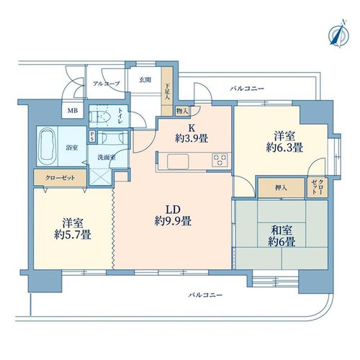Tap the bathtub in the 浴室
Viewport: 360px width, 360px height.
(x=48, y=147)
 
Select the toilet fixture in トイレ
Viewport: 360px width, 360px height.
(x=100, y=117)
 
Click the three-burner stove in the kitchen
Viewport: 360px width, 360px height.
(x=220, y=160)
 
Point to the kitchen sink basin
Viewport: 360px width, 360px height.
(x=178, y=161)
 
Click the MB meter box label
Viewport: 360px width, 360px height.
(x=73, y=111)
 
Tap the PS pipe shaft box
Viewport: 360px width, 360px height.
(x=92, y=137)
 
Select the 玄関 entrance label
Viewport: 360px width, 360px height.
(x=145, y=80)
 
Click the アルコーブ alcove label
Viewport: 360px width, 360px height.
(x=106, y=84)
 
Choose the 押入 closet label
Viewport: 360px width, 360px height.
(x=281, y=188)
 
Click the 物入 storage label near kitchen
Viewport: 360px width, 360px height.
(x=182, y=111)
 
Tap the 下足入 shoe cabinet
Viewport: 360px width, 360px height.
(x=167, y=91)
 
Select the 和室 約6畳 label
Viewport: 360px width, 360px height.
(x=282, y=236)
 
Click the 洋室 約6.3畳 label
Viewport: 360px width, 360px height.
(x=284, y=142)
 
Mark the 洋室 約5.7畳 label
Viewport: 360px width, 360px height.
(x=73, y=229)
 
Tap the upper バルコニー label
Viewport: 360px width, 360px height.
(x=247, y=89)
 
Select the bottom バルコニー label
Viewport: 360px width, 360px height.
(x=205, y=294)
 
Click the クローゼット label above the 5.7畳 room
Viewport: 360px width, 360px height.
(x=60, y=178)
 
